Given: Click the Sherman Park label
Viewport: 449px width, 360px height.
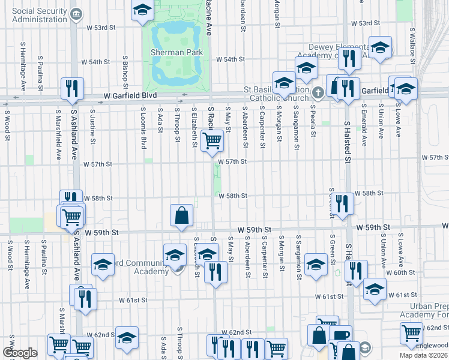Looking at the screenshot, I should [x=177, y=52].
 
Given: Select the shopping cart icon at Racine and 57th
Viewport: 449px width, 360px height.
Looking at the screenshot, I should [x=212, y=141].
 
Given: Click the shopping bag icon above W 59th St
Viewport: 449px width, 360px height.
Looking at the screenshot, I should [x=182, y=214].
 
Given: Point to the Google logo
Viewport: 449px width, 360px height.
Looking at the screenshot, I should [x=20, y=353].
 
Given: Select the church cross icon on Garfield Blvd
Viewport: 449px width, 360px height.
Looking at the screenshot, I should [x=319, y=92].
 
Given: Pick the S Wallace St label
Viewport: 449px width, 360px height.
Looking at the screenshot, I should [x=413, y=41].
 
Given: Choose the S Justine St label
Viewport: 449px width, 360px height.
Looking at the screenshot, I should [x=92, y=127].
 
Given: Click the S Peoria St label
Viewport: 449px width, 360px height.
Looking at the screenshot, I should [x=313, y=122].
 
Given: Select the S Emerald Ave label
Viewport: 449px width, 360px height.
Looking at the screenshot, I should [x=364, y=125].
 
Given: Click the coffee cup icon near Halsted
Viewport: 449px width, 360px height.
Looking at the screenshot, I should [x=340, y=335].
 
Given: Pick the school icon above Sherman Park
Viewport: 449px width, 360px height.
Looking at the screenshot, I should [x=142, y=10].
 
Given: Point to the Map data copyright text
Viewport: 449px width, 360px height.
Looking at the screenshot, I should [x=424, y=355].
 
